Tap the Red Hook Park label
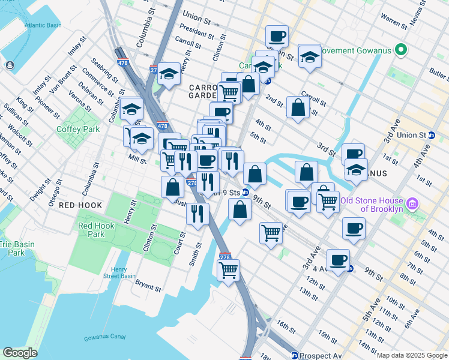(96, 230)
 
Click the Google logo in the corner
(20, 353)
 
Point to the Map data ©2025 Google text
(412, 355)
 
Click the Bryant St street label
(148, 284)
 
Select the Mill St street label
(137, 158)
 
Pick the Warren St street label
(394, 22)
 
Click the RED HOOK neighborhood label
(80, 205)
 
